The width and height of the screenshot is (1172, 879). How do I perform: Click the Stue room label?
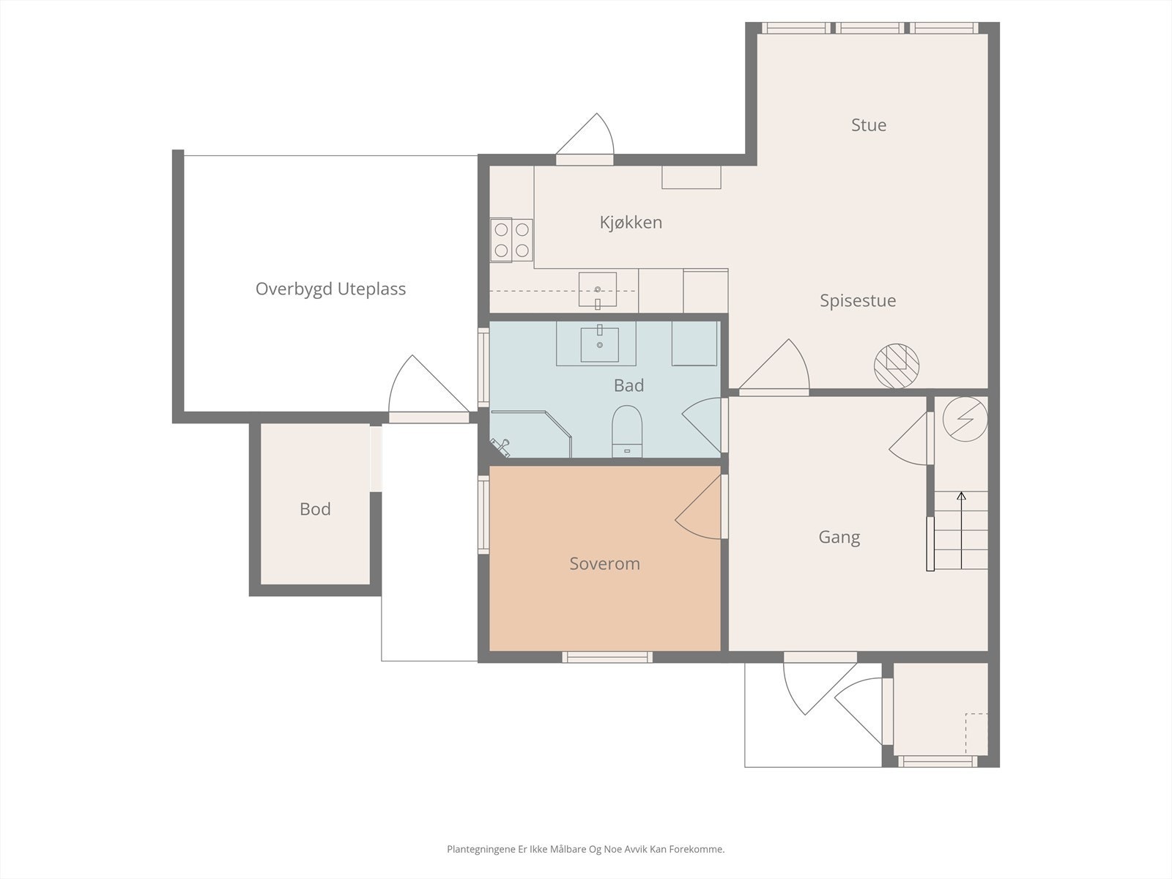869,125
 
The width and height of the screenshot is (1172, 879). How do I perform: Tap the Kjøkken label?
631,222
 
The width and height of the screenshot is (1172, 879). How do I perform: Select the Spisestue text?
858,300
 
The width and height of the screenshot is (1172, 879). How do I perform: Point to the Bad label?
628,385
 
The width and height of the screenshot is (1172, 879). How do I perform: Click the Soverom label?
604,563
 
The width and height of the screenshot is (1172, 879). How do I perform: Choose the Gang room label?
839,538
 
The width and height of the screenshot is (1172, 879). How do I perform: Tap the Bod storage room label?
315,509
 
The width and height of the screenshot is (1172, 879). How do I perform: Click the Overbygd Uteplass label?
330,289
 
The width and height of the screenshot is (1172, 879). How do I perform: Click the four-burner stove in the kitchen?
511,240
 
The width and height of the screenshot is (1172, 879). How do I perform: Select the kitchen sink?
598,290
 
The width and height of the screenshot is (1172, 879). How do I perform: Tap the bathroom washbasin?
600,344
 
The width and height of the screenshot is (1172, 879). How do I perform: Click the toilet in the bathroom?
627,431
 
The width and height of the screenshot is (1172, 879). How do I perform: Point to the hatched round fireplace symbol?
897,366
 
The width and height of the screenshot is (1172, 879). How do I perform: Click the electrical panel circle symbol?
965,419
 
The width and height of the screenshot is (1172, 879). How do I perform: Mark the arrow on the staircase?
961,530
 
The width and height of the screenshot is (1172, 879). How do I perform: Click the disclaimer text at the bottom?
586,849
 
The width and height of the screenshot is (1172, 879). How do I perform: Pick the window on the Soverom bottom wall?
607,657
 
